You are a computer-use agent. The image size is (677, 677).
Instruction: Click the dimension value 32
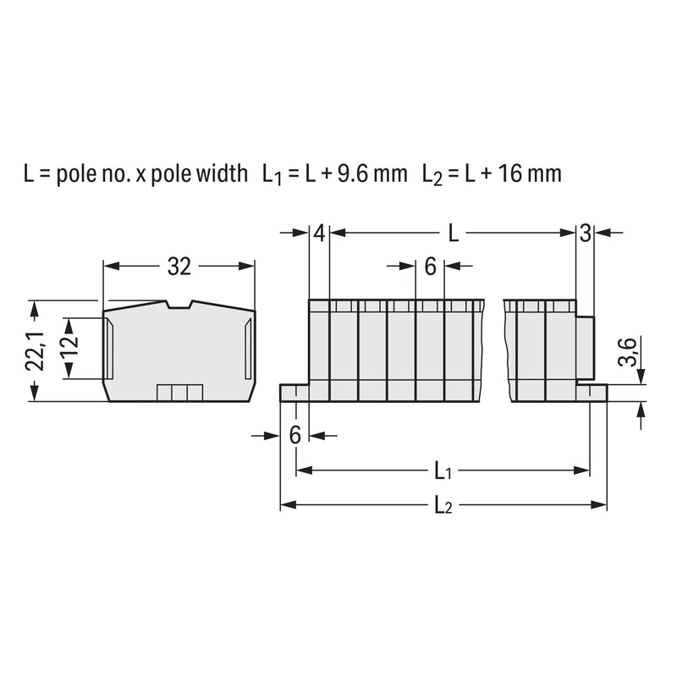tap(179, 267)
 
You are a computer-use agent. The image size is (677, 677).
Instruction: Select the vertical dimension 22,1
tap(36, 351)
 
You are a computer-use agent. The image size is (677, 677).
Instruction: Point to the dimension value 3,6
tap(628, 352)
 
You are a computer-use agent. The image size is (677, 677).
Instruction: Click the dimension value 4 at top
tap(319, 234)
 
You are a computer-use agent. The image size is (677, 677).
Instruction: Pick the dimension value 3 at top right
tap(585, 234)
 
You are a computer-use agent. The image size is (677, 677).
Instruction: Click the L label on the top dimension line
tap(453, 234)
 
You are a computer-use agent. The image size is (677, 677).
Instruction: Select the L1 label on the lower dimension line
tap(443, 471)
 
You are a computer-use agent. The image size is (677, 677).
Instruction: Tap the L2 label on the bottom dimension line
tap(443, 504)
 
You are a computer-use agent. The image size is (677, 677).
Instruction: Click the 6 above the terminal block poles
tap(430, 267)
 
